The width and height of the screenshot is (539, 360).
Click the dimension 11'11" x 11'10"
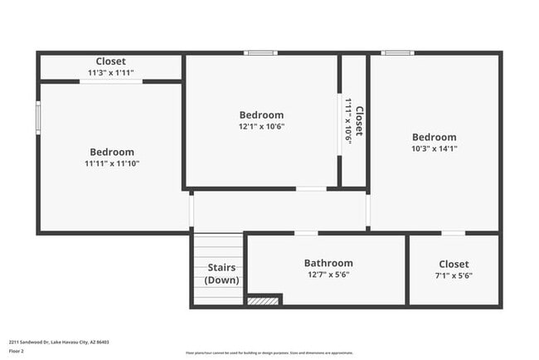112,163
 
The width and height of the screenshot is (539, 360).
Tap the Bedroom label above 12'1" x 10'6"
261,114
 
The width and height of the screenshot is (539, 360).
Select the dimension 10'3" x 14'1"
434,148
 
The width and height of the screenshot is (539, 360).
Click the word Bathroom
328,263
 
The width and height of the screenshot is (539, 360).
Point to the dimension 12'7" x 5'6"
328,275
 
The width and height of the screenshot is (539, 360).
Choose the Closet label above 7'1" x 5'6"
454,264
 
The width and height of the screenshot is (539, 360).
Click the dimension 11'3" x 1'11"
110,73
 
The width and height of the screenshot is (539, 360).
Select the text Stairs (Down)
221,274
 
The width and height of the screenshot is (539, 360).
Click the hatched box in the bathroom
264,300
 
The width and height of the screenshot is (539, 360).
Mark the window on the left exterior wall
37,117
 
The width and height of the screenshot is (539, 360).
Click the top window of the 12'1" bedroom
260,53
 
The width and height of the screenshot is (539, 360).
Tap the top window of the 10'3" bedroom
397,53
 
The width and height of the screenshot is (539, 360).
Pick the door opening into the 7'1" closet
453,233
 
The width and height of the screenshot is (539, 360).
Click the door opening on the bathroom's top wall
306,233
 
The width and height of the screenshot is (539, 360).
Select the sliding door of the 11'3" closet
110,81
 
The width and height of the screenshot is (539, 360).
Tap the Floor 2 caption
17,352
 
